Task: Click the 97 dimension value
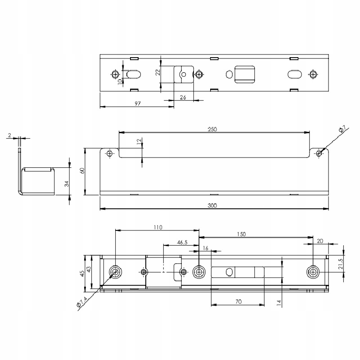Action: click(138, 103)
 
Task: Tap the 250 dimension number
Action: click(212, 129)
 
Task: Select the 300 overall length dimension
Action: click(213, 206)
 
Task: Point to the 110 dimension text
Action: click(157, 227)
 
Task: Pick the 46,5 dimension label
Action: click(182, 243)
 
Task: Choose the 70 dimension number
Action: click(238, 302)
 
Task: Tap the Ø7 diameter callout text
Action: click(342, 130)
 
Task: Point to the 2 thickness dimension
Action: click(9, 135)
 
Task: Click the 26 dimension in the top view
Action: click(183, 97)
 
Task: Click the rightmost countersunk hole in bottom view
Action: click(312, 272)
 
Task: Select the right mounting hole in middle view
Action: click(319, 153)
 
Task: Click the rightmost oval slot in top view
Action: click(294, 74)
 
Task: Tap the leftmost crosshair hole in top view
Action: click(116, 74)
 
